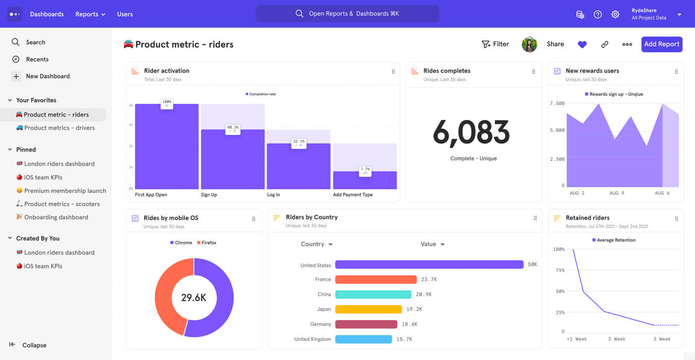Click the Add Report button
tap(662, 44)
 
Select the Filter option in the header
tap(495, 44)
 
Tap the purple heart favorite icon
tap(582, 45)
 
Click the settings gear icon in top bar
tap(615, 14)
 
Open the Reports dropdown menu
tap(90, 14)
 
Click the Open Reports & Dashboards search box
tap(347, 14)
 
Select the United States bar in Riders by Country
tap(429, 265)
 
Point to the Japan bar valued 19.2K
tap(368, 310)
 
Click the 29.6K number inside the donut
tap(194, 298)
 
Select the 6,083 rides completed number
tap(471, 132)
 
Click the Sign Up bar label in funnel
tap(209, 195)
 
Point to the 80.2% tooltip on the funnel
tap(233, 129)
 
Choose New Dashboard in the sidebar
tap(47, 76)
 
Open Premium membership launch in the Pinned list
tap(65, 191)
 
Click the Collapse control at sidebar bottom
tap(34, 345)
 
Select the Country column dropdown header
tap(316, 244)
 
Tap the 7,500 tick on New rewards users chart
tap(557, 104)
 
